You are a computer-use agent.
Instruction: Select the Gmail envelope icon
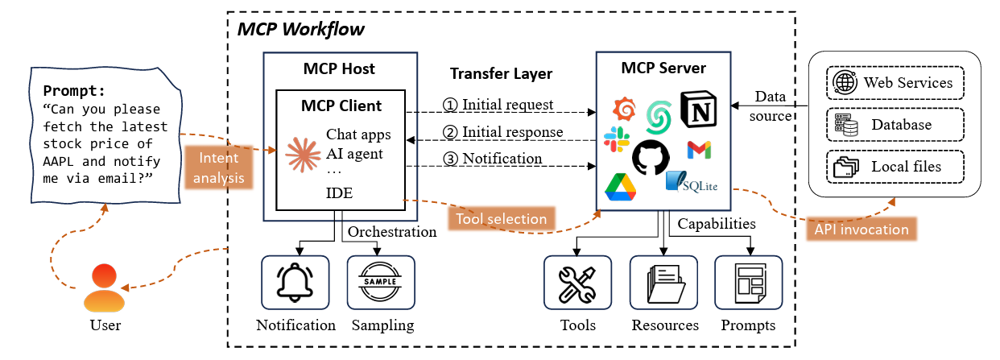[698, 150]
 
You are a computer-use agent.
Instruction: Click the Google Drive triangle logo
[621, 186]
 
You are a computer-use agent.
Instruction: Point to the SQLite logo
[692, 183]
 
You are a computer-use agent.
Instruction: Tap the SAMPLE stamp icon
[381, 283]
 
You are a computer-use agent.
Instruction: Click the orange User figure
[105, 290]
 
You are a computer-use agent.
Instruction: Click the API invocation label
[862, 229]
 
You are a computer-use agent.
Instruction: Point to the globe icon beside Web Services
[845, 82]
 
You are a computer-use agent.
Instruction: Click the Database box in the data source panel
[895, 125]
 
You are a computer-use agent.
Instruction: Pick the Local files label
[906, 167]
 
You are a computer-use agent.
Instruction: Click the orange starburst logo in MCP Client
[302, 153]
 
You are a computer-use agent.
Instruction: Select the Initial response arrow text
[502, 131]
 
